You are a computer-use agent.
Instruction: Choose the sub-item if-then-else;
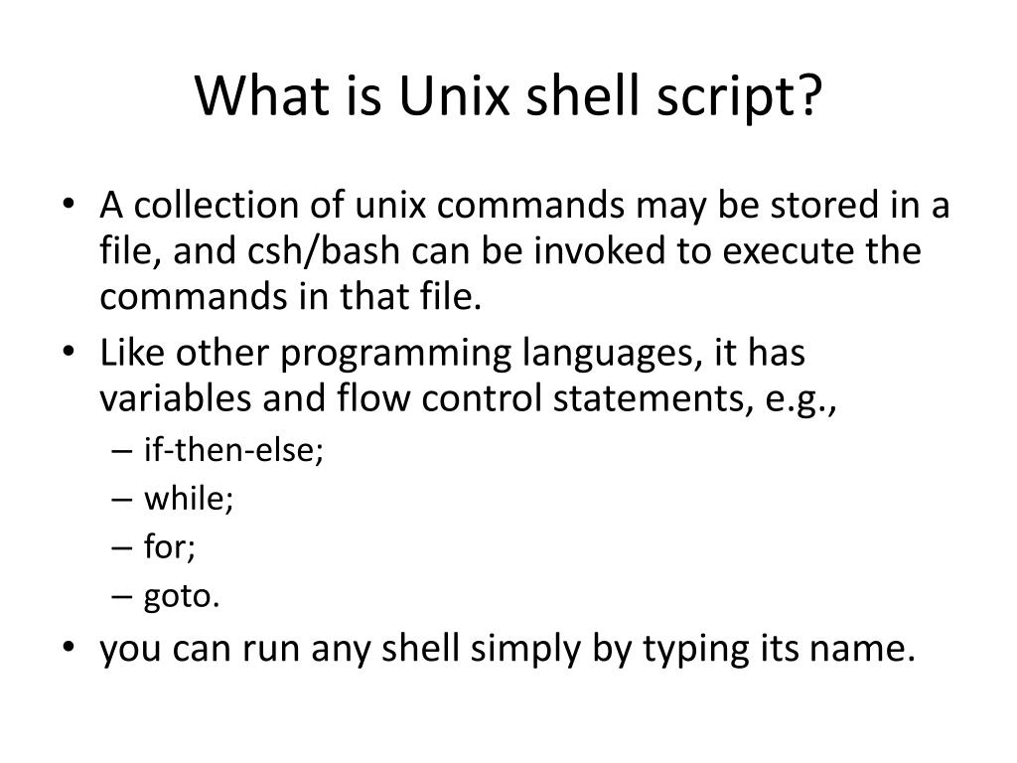coord(234,449)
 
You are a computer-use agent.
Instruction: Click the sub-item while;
coord(189,498)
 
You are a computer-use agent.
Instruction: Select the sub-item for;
coord(170,546)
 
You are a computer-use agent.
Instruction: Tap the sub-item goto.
coord(182,596)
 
